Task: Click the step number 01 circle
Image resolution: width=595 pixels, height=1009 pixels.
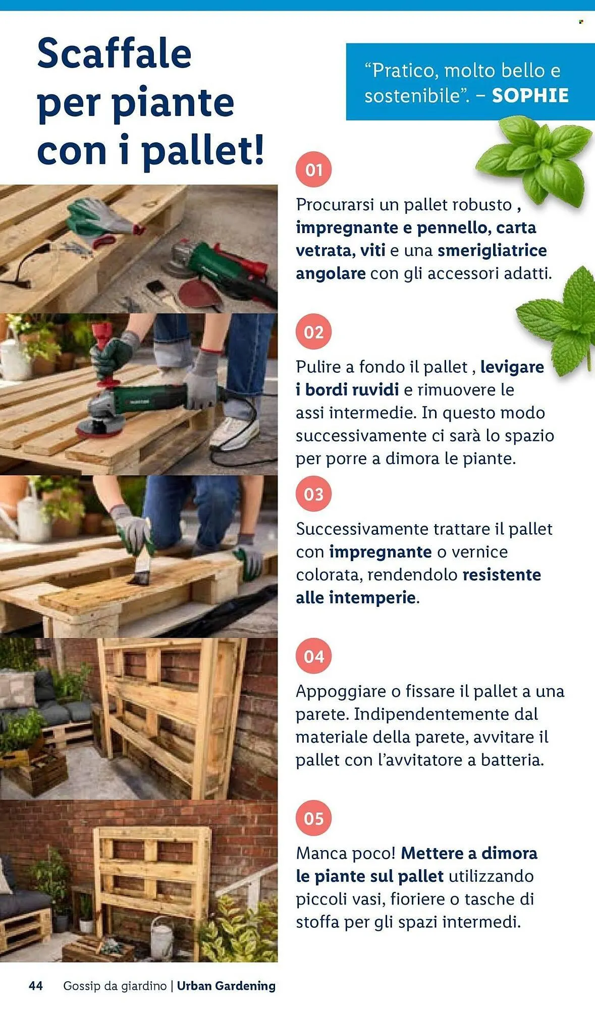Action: coord(313,170)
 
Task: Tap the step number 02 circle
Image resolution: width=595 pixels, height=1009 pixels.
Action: coord(313,332)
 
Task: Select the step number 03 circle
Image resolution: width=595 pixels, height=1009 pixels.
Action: coord(313,494)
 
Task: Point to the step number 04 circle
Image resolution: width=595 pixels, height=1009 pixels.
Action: coord(313,656)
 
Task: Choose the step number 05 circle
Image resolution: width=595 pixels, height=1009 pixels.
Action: coord(313,818)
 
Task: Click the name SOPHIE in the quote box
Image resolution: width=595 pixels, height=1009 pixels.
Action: coord(530,95)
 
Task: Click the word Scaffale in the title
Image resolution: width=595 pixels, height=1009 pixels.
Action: coord(114,53)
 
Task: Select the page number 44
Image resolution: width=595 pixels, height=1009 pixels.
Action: coord(36,986)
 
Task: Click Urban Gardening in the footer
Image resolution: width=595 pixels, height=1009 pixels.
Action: coord(226,986)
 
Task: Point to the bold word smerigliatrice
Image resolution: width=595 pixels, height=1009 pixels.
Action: coord(492,251)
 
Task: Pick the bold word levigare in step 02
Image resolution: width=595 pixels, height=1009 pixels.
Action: coord(512,367)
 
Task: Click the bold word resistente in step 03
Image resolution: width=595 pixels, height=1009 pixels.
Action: coord(502,575)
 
